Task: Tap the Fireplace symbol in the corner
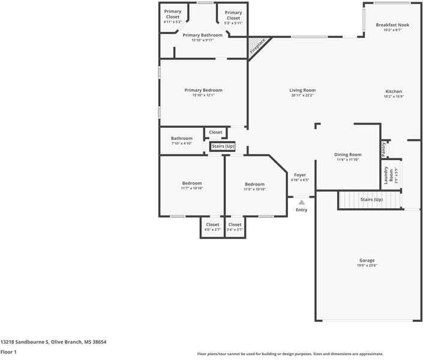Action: click(259, 47)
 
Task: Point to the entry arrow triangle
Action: click(301, 203)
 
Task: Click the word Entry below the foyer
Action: click(301, 210)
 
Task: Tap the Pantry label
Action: click(383, 149)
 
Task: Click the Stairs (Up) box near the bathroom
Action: click(223, 146)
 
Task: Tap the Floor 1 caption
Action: click(8, 352)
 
